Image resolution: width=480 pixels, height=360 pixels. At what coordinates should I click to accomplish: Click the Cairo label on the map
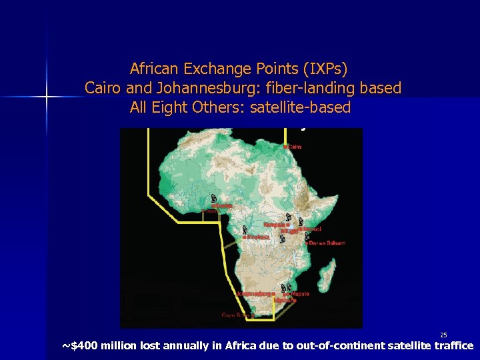294,147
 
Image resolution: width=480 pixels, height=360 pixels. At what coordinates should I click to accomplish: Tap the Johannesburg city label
255,293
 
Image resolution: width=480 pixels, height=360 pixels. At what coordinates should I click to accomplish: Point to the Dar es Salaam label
327,243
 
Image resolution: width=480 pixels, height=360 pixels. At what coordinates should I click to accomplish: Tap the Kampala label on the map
276,225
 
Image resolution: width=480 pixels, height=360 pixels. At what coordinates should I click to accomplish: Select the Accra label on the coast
211,211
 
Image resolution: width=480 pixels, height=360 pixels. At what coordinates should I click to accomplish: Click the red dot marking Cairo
285,147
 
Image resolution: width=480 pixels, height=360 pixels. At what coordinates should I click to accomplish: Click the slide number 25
443,334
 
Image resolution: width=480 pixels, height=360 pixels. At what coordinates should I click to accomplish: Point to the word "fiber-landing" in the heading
305,88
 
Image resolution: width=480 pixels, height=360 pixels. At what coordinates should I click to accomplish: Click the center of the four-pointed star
47,97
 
